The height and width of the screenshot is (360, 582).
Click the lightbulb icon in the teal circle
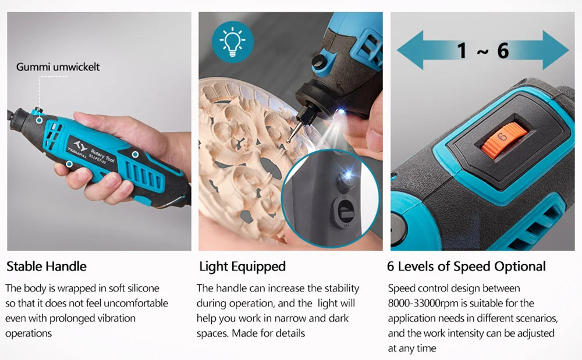[233, 41]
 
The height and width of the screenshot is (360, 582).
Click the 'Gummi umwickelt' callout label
[58, 67]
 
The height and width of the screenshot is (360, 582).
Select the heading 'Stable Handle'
[47, 266]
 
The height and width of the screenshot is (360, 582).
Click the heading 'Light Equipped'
[242, 266]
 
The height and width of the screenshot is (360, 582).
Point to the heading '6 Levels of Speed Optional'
[466, 266]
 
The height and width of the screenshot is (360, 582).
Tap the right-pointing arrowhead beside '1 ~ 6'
[556, 50]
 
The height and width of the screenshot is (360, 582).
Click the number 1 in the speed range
[462, 51]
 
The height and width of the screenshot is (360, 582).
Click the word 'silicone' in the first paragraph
[143, 288]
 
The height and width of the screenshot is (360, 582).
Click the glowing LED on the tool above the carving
[341, 111]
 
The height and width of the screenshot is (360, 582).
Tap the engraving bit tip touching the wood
[289, 141]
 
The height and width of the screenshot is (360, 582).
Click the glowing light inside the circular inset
[348, 176]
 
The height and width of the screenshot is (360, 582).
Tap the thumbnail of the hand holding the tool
[99, 131]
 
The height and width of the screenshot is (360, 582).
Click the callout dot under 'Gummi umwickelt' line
[39, 120]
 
